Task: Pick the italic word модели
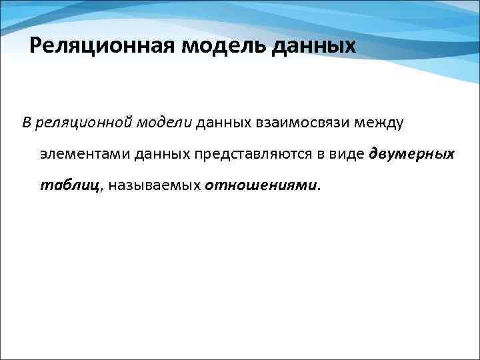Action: tap(164, 123)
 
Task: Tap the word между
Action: tap(377, 123)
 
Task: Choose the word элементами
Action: tap(84, 154)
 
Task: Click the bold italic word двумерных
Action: tap(411, 154)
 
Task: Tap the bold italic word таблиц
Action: tap(69, 185)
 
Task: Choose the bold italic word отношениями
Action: tap(261, 185)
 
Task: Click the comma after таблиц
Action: tap(101, 189)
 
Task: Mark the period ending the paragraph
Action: tap(319, 188)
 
